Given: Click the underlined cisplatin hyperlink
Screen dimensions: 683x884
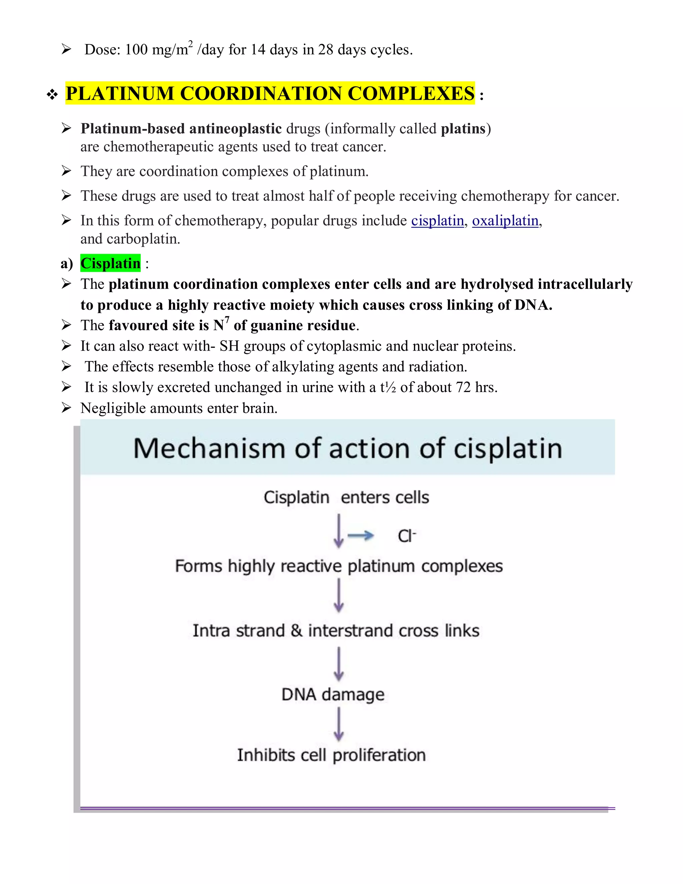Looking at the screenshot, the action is point(438,221).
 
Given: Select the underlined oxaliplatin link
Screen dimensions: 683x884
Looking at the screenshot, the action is point(505,221).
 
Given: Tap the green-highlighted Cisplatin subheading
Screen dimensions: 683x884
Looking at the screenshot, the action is point(110,264).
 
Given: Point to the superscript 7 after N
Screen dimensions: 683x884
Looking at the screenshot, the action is point(227,320).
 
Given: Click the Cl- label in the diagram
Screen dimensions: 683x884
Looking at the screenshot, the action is point(407,536).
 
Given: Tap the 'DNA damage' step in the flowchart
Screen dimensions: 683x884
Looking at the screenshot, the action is point(332,695).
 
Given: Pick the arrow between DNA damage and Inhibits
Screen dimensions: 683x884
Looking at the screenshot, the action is point(339,725).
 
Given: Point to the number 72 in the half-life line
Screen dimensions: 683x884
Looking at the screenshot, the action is point(463,387).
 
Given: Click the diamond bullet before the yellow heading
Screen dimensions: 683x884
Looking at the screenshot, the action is point(52,95).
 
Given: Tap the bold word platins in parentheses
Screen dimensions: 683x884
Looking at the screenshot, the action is point(463,129).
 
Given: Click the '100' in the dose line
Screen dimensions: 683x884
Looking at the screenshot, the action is point(136,50).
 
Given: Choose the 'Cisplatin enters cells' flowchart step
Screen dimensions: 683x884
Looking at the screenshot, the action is point(346,497).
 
